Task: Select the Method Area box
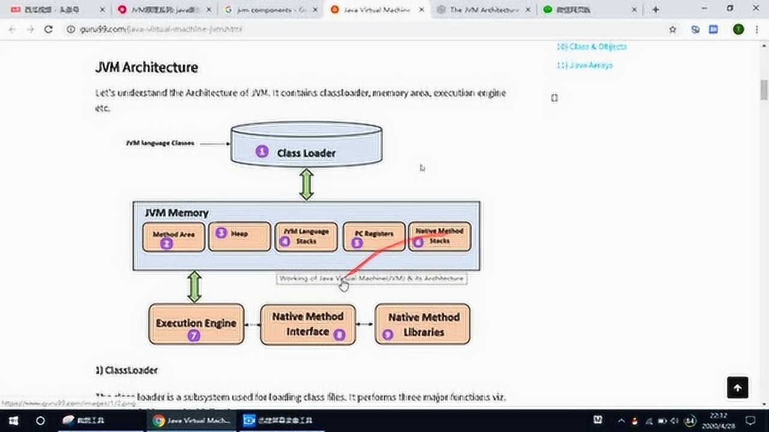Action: (174, 237)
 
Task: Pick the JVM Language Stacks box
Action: (306, 237)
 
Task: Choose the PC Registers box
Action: (374, 237)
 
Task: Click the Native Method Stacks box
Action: (440, 236)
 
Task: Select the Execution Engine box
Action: (196, 324)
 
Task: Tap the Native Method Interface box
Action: (308, 324)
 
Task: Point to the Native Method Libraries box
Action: (422, 324)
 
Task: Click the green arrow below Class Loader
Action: (306, 184)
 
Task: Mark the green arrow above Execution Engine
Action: (194, 286)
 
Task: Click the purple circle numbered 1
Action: (262, 152)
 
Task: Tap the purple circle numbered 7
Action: (193, 336)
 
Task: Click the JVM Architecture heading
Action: (147, 67)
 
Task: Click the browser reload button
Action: (49, 29)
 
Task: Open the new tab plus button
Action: (655, 10)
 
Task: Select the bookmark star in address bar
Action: (673, 29)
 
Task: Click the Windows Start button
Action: (13, 421)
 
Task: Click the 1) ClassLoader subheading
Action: (126, 370)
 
